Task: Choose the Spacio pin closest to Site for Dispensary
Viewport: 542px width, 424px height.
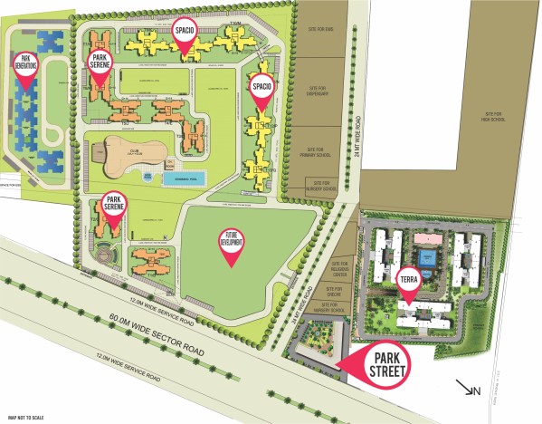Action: (x=262, y=91)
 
